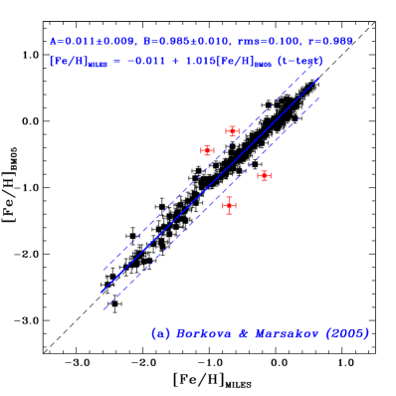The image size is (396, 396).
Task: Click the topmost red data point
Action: point(232,131)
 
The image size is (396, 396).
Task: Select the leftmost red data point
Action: point(207,151)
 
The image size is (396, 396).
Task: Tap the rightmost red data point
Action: point(264,175)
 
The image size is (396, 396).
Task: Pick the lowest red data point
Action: point(229,205)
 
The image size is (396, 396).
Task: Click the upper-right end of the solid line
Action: point(319,79)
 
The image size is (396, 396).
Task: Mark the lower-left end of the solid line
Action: point(101,293)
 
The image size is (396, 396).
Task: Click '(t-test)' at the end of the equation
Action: point(299,62)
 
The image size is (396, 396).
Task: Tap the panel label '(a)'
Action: point(160,333)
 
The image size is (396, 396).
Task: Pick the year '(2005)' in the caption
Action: point(347,333)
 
